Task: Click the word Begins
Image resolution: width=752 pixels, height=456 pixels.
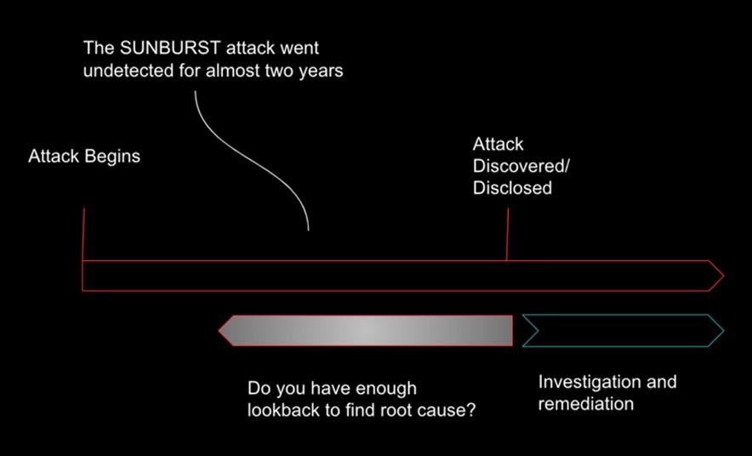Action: [x=112, y=157]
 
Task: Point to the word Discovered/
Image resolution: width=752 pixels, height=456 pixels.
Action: [x=521, y=166]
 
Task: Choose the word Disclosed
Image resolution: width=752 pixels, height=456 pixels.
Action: [x=512, y=188]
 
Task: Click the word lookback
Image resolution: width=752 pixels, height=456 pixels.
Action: [x=286, y=409]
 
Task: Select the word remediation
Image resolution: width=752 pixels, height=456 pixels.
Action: [x=585, y=403]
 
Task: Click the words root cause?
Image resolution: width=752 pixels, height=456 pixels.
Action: [x=431, y=409]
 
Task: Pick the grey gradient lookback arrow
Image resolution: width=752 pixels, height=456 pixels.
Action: [x=366, y=330]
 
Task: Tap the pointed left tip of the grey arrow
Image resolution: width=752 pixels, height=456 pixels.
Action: [x=221, y=330]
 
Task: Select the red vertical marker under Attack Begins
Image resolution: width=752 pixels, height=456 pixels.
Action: [x=83, y=233]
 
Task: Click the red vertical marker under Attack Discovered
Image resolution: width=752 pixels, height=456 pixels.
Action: [x=508, y=234]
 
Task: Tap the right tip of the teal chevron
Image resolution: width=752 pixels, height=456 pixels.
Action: [x=721, y=330]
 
